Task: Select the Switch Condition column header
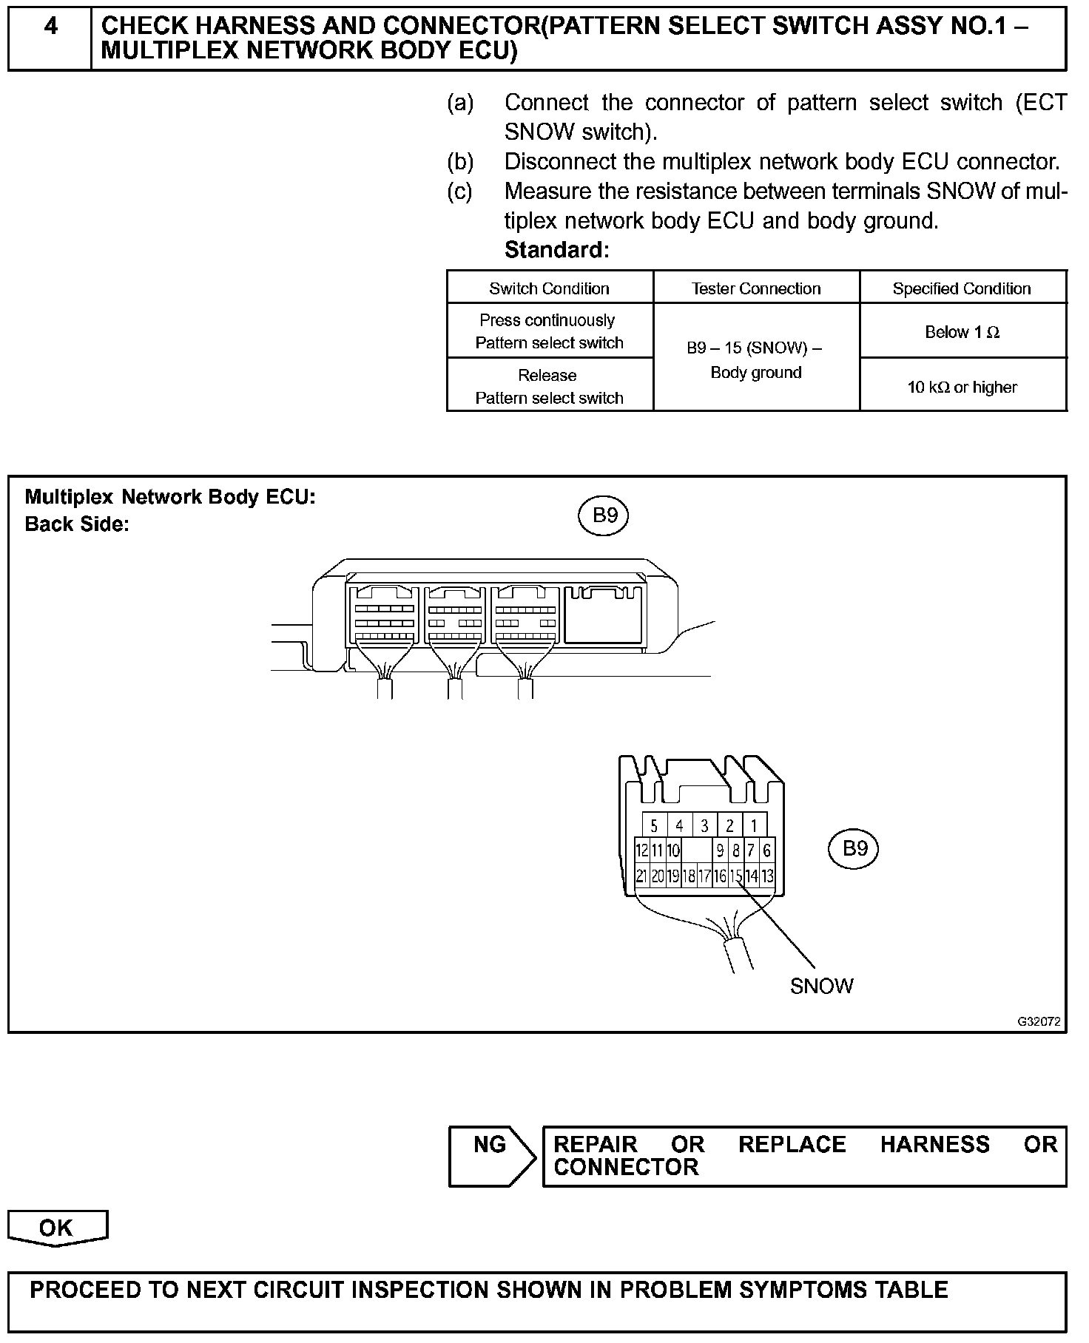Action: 549,288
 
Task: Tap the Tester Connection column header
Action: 756,288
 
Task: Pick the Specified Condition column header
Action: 962,288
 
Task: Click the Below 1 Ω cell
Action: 962,332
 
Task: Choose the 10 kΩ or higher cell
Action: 962,387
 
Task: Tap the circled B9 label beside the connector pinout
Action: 854,848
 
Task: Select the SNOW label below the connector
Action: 821,986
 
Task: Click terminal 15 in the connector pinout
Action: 735,876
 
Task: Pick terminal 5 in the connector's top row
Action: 654,825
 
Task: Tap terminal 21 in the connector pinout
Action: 641,876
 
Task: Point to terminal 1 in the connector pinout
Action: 754,825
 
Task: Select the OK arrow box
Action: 57,1228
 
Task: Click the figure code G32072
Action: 1039,1022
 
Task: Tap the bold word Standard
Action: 556,250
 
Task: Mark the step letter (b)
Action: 460,161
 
